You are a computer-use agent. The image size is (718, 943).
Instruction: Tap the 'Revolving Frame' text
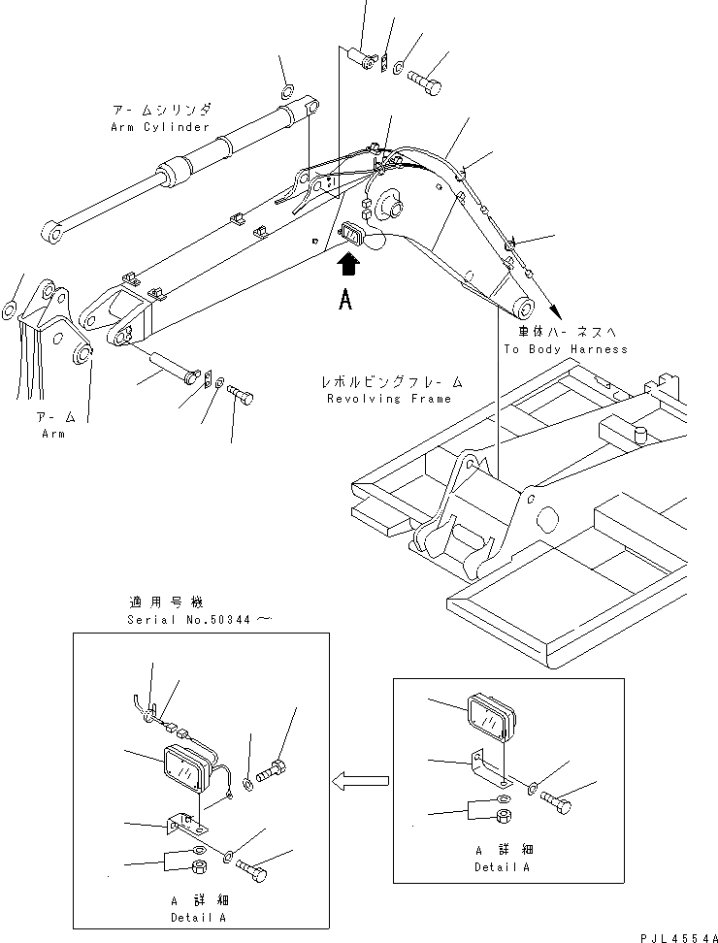(388, 399)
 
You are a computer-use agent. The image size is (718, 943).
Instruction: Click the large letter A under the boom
(345, 301)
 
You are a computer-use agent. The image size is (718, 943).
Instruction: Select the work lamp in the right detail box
(491, 718)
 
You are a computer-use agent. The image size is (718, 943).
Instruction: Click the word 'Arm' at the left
(53, 434)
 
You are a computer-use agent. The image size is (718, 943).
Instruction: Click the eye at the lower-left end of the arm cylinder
(51, 233)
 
